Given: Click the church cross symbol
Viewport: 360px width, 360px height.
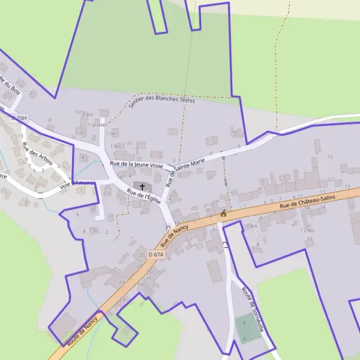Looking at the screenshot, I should pos(142,187).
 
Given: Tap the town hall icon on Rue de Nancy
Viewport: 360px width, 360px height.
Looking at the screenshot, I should pos(224,214).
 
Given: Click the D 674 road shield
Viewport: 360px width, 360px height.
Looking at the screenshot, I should pos(155,255).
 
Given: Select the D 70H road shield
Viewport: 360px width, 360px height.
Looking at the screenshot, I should pos(20,119).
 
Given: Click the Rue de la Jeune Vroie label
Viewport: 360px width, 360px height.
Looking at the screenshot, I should pos(136,164).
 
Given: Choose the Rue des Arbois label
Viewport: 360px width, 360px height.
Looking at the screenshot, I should pos(37,155).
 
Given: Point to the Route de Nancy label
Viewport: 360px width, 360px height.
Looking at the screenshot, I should pos(83,330).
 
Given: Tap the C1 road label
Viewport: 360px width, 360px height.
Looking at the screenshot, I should pos(225,245).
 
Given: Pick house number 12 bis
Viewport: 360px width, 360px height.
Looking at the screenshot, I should pos(307,230).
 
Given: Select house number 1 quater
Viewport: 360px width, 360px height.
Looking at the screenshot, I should pos(97,125).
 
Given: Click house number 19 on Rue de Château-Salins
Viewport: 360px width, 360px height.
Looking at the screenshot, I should pos(347,187).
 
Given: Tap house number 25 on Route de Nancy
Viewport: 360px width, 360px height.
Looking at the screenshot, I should pos(110,314).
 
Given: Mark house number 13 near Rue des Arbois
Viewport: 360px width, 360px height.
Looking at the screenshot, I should pos(20,136).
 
